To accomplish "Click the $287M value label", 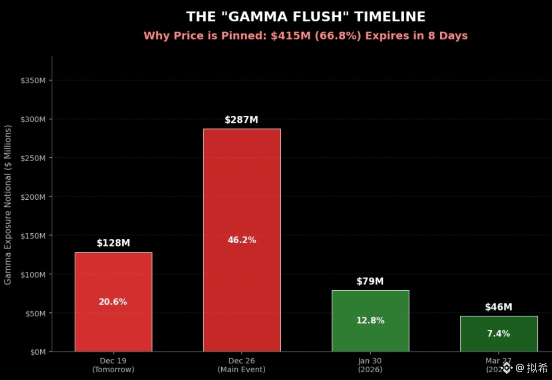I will tap(241, 120).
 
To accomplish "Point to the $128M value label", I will tap(113, 243).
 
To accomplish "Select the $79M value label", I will tap(370, 281).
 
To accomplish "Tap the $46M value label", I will tap(498, 307).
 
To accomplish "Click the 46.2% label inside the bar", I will tap(242, 240).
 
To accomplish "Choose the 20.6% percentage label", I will tap(113, 302).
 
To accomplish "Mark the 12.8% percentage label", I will tap(370, 321).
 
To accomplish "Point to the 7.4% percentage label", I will tap(499, 333).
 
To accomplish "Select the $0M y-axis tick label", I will tap(37, 352).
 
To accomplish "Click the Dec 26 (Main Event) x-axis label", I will tap(242, 365).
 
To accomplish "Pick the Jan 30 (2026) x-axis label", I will tap(370, 365).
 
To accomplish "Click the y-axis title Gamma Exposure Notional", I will tap(8, 205).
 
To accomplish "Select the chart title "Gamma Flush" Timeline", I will tap(306, 17).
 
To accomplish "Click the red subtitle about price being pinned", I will tap(305, 36).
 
